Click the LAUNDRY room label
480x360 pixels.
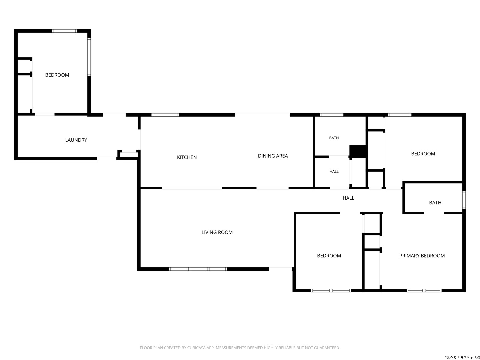(x=76, y=140)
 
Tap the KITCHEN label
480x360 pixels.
(x=187, y=157)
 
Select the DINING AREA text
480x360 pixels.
(x=273, y=156)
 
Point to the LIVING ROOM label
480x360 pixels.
(x=217, y=232)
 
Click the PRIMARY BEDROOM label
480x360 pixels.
(x=422, y=256)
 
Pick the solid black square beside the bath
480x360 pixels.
(x=358, y=151)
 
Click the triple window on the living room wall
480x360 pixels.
(x=198, y=269)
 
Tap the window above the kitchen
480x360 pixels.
(x=165, y=115)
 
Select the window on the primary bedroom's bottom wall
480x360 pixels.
(x=424, y=290)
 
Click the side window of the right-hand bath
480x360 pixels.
(x=464, y=200)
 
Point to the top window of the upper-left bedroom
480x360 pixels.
(x=64, y=31)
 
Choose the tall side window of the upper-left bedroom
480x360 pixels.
(x=89, y=57)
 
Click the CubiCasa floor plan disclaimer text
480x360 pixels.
(x=240, y=348)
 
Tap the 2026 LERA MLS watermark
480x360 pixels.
(x=462, y=357)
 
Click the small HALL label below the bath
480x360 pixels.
(x=334, y=172)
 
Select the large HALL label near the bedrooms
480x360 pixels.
(x=348, y=198)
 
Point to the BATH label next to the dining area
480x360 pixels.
(x=334, y=138)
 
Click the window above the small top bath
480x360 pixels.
(x=331, y=115)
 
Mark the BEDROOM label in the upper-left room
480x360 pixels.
(x=57, y=75)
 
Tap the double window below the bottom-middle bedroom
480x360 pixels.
(x=331, y=290)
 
